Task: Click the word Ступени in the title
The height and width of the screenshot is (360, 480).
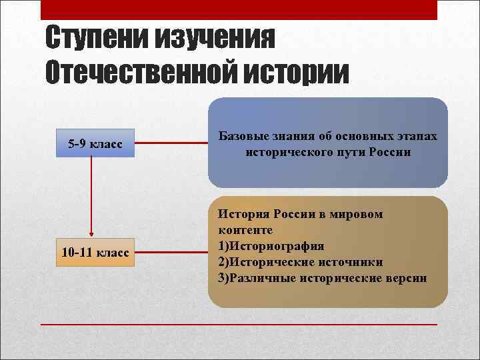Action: (97, 39)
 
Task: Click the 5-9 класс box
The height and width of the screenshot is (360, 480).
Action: (95, 143)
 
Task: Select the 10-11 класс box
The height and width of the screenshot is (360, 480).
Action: (95, 253)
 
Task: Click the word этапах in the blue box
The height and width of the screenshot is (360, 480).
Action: (416, 137)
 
